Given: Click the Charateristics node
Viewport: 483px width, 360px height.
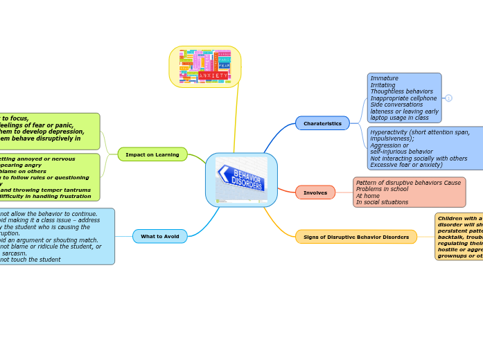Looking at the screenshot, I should point(322,123).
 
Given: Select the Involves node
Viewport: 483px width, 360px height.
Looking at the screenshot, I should point(315,192).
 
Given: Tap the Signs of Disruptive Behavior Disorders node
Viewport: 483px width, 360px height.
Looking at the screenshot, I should point(356,237).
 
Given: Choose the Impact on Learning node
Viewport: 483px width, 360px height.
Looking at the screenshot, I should point(152,154).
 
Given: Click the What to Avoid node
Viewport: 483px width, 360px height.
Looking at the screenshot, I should point(159,236).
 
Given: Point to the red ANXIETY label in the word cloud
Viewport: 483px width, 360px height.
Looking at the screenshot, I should point(213,75).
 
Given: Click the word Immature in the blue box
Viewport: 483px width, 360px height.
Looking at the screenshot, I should point(384,78).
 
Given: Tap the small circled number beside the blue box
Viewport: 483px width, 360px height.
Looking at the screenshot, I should point(448,98).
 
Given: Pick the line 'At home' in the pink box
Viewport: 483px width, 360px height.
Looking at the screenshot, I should point(367,195).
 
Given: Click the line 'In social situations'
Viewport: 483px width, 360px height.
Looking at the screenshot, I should point(382,202).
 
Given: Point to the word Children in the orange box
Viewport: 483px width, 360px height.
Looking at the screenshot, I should point(453,219).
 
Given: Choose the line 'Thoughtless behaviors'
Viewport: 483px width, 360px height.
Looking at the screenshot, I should point(401,91).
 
